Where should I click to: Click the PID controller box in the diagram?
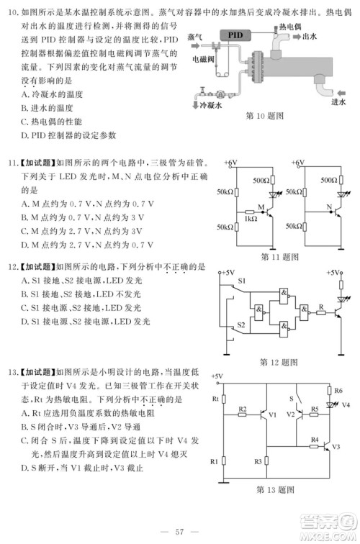click(x=235, y=35)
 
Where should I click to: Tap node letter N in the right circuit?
click(x=328, y=209)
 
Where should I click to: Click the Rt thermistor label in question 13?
click(x=215, y=398)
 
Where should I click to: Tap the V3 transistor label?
click(x=336, y=446)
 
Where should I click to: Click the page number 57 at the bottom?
click(x=180, y=531)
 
